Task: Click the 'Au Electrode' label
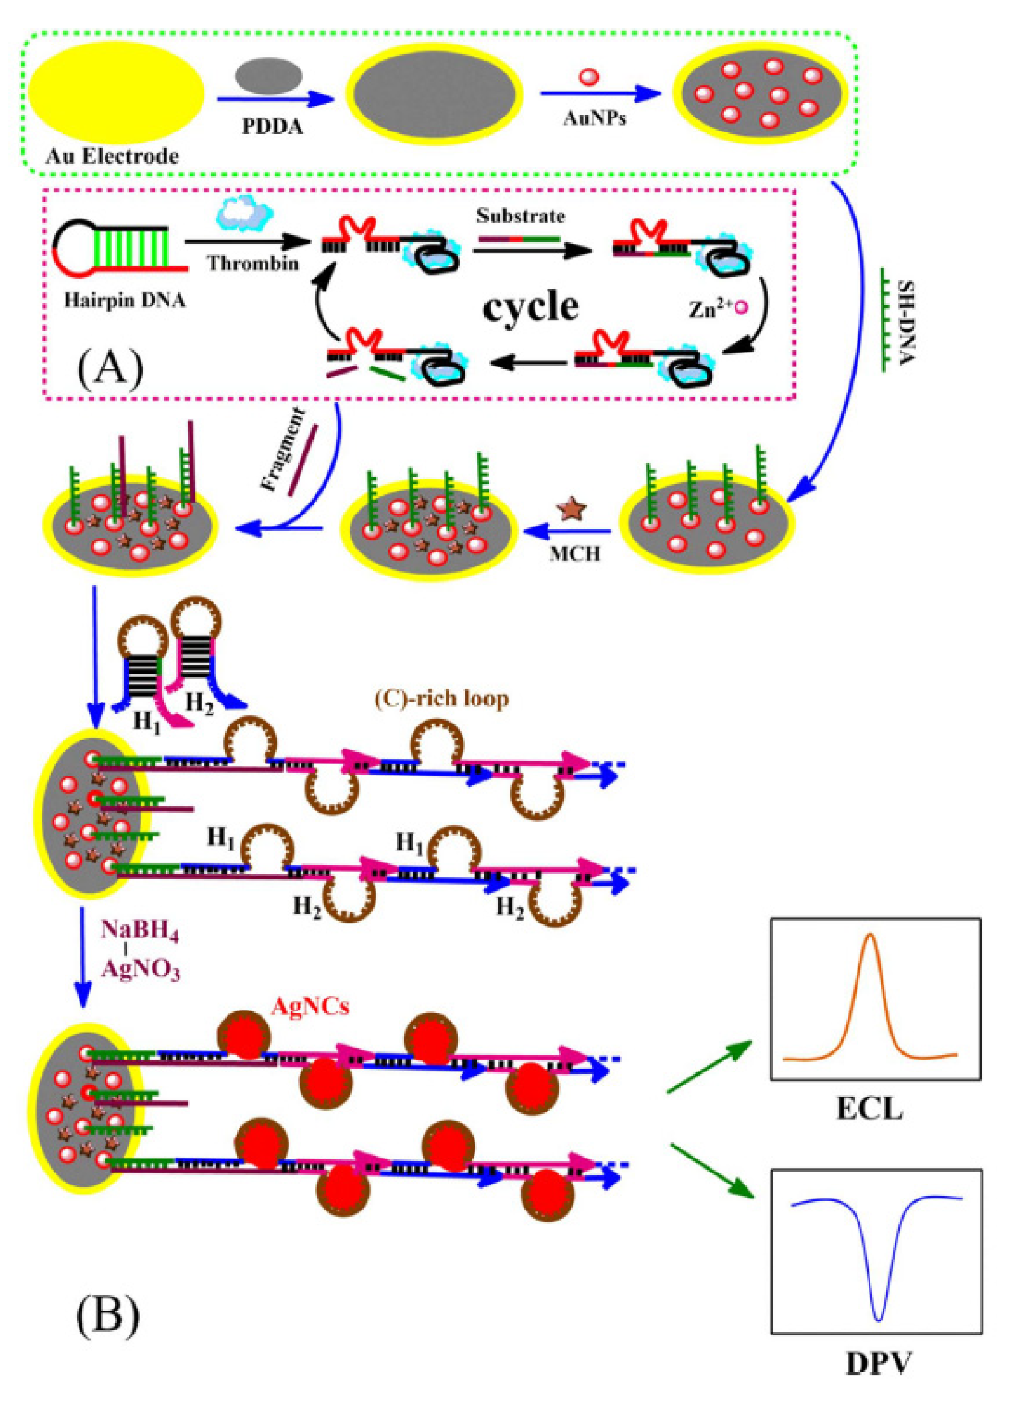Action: point(111,156)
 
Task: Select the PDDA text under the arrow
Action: point(274,126)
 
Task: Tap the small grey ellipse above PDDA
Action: point(269,76)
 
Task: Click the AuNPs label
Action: point(594,119)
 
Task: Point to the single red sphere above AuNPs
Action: point(589,77)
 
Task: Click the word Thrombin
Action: point(253,263)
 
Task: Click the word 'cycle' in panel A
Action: point(530,306)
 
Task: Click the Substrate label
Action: point(520,216)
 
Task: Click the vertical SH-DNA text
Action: point(904,321)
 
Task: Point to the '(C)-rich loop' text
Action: point(442,698)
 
